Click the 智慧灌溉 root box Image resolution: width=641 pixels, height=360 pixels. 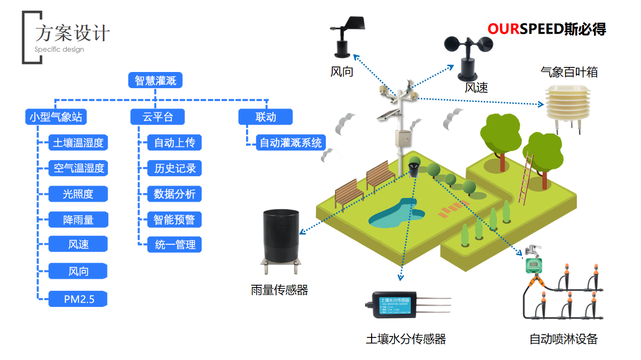click(156, 81)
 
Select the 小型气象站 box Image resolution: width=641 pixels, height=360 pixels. click(56, 117)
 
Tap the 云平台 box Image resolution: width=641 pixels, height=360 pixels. click(157, 117)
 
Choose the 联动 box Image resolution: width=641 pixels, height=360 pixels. click(265, 117)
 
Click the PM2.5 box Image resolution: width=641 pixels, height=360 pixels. click(78, 299)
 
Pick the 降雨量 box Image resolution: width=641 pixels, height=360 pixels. click(78, 220)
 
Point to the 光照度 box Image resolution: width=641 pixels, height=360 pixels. click(78, 194)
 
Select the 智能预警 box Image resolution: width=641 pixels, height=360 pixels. click(174, 220)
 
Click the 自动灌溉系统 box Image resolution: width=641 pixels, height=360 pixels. click(291, 143)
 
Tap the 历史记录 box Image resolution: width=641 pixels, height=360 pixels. click(174, 168)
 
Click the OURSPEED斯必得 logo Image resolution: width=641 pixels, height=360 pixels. click(546, 29)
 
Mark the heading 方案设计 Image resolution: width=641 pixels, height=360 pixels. click(73, 34)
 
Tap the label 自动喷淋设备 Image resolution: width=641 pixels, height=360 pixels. click(563, 339)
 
